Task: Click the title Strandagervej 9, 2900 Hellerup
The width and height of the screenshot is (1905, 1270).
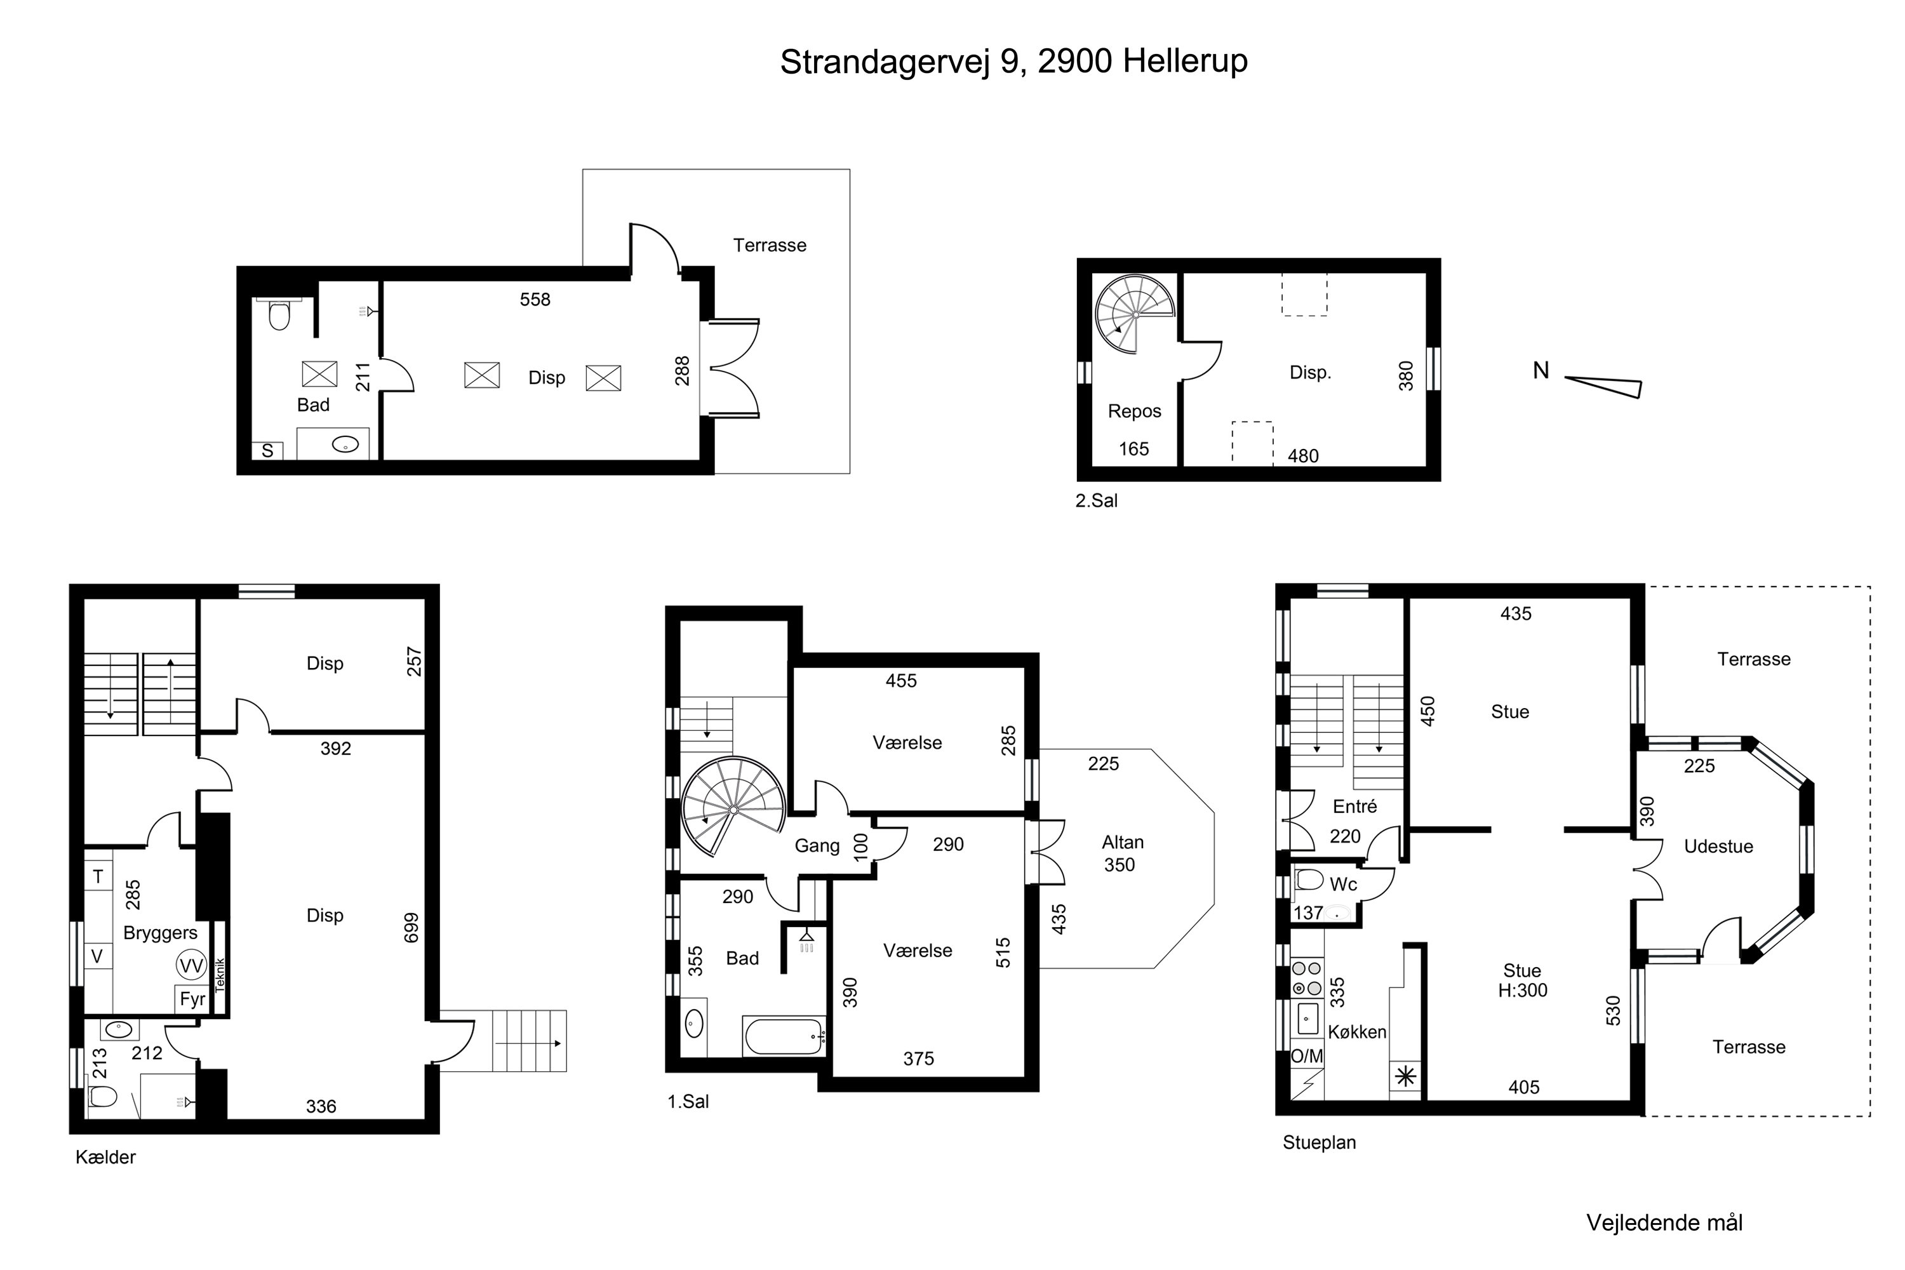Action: coord(1013,62)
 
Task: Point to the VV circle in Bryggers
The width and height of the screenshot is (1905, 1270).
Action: coord(191,965)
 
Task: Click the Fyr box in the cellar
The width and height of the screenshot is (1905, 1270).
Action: coord(192,999)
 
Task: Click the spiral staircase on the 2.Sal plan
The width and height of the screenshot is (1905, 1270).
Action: coord(1134,314)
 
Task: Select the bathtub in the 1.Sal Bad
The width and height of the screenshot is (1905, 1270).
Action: coord(784,1036)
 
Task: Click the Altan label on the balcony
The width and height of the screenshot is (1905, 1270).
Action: coord(1123,843)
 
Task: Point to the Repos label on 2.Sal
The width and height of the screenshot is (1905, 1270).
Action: coord(1134,411)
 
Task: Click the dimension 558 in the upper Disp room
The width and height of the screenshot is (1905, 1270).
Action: coord(535,300)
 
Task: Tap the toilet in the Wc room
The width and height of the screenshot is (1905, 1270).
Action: coord(1309,879)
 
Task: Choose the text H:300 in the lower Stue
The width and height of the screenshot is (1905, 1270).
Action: coord(1522,991)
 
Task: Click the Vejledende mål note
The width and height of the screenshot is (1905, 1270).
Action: coord(1664,1223)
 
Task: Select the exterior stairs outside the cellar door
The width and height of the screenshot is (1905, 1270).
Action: coord(529,1041)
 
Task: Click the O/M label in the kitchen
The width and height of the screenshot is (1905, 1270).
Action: coord(1306,1056)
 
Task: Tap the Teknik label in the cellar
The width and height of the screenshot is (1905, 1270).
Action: coord(220,975)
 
